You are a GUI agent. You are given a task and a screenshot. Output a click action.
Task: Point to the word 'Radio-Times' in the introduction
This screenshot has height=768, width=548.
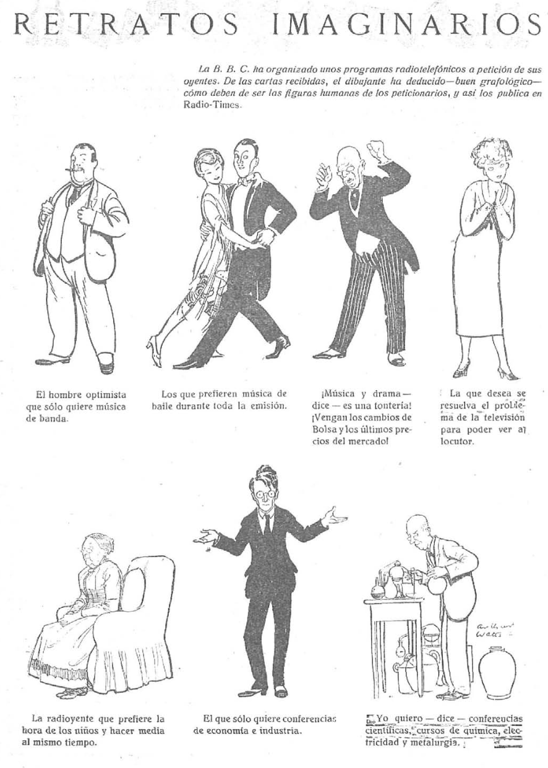tap(211, 105)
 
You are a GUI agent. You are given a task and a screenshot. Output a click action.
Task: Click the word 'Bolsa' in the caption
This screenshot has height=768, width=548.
tap(324, 429)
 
